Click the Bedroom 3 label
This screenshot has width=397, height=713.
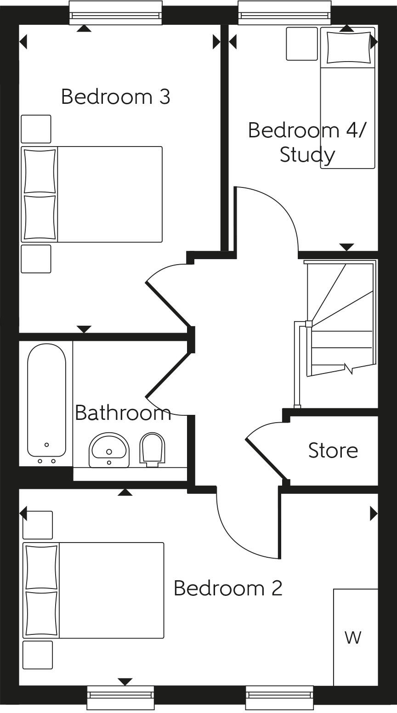[x=115, y=97]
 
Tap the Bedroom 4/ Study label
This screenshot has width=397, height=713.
[x=307, y=142]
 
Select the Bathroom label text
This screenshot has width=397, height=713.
[x=123, y=413]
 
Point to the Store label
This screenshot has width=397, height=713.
[x=333, y=451]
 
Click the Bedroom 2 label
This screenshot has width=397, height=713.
[x=228, y=588]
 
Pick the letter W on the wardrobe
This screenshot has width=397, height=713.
[x=353, y=637]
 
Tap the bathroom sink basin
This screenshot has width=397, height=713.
[x=109, y=449]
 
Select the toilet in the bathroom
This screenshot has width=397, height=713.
[x=152, y=449]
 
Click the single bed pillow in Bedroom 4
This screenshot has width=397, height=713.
[x=348, y=47]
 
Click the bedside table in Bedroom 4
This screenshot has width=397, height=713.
[x=302, y=44]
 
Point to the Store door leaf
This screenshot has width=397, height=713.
[x=267, y=460]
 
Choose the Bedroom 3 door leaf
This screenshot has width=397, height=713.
[x=167, y=304]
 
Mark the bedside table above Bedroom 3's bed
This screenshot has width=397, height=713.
[x=36, y=129]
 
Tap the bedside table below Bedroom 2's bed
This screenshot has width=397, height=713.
[x=38, y=655]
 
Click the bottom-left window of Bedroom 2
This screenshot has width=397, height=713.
[x=120, y=698]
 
